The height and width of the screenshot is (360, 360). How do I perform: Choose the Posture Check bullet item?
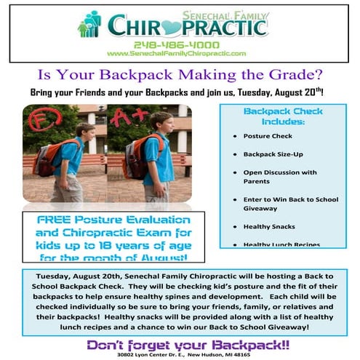265,136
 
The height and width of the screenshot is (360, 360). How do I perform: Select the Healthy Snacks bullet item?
267,226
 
